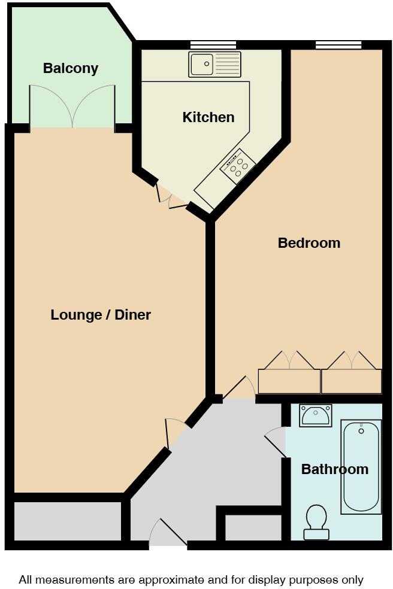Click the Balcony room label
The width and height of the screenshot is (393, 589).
70,68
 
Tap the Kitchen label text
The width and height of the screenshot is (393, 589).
208,117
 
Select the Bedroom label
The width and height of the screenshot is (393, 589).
309,243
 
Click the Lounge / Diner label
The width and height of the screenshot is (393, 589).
101,315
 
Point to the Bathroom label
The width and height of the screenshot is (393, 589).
334,469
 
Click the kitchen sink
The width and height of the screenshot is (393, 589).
214,64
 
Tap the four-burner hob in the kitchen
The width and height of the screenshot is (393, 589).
238,166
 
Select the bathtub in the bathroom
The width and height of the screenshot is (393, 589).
361,467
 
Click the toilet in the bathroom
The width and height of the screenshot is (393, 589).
316,521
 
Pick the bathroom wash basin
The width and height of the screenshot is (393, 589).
316,415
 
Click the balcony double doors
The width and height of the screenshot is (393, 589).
72,108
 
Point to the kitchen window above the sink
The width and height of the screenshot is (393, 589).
213,45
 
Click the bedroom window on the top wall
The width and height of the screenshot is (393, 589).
338,45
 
